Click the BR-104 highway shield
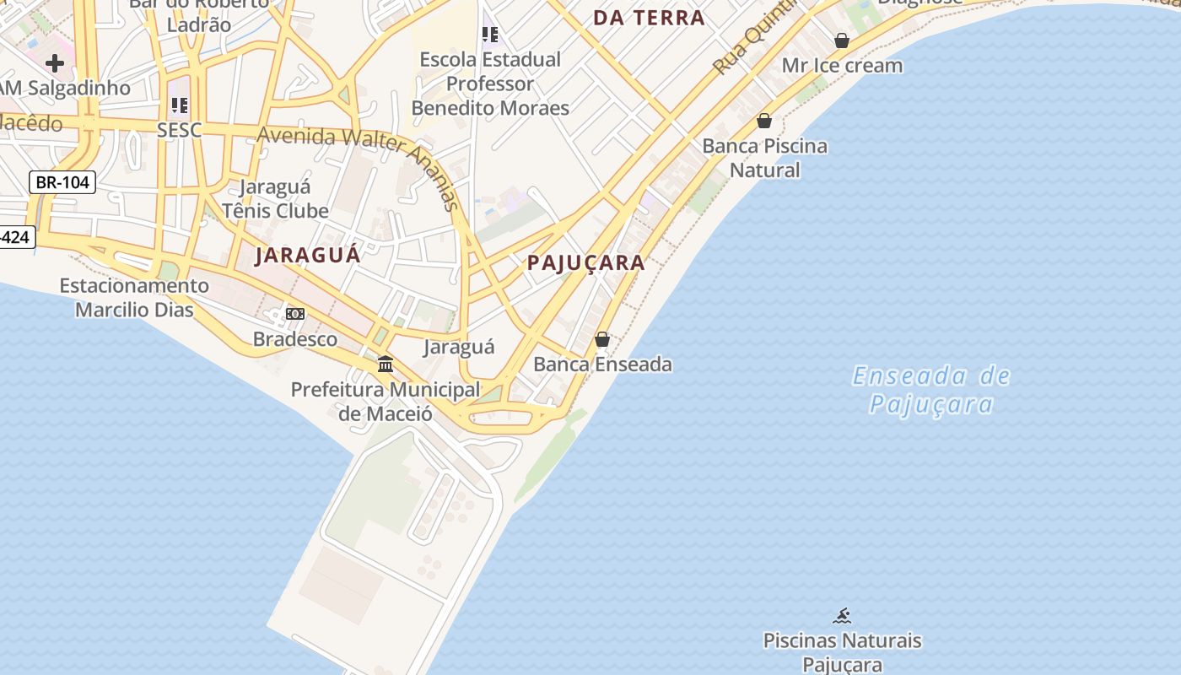tap(62, 182)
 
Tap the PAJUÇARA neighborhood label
tap(586, 262)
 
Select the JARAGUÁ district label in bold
tap(308, 255)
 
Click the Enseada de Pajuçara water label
tap(931, 390)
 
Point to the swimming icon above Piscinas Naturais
tap(842, 616)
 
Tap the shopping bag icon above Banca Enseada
tap(602, 339)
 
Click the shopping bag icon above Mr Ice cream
tap(842, 40)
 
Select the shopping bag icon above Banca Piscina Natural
tap(764, 121)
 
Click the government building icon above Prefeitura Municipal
tap(386, 364)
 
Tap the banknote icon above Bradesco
tap(295, 314)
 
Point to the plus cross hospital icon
tap(55, 63)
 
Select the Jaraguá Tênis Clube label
tap(275, 198)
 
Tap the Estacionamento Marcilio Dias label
tap(134, 298)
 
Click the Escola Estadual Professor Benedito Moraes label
tap(490, 84)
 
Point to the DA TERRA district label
tap(649, 18)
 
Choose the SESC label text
tap(180, 130)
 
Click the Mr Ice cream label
tap(842, 65)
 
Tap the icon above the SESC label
tap(180, 105)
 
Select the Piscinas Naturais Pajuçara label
tap(842, 652)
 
